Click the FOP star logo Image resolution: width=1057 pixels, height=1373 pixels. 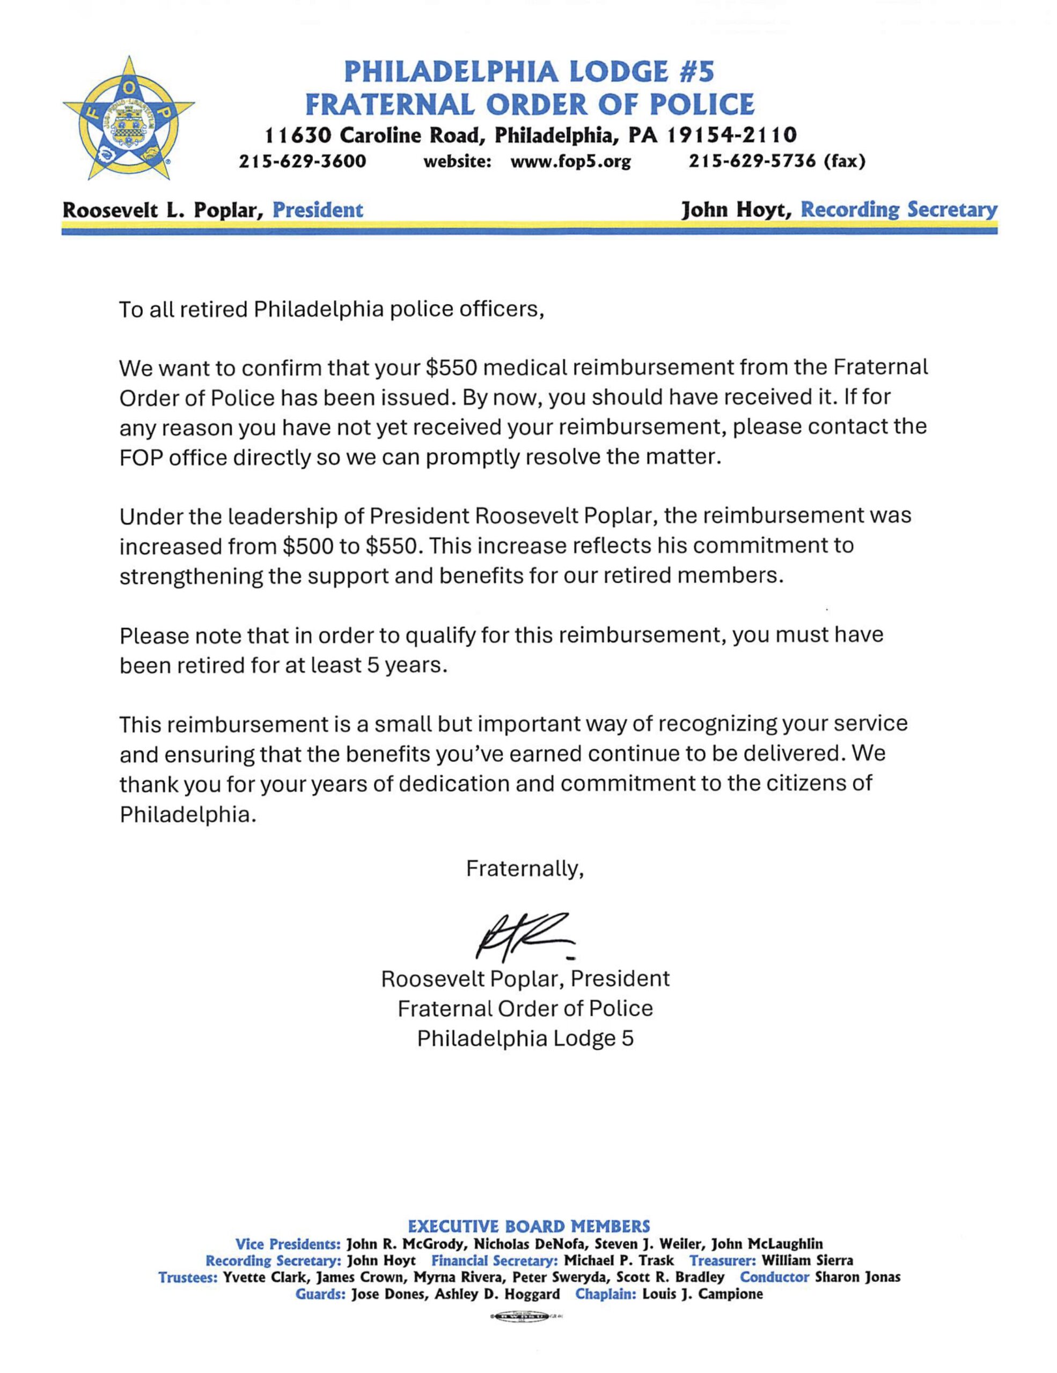[129, 117]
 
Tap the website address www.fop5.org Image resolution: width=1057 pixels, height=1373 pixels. [570, 162]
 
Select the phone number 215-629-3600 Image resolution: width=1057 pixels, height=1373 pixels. [303, 162]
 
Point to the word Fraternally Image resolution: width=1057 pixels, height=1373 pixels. [524, 869]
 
